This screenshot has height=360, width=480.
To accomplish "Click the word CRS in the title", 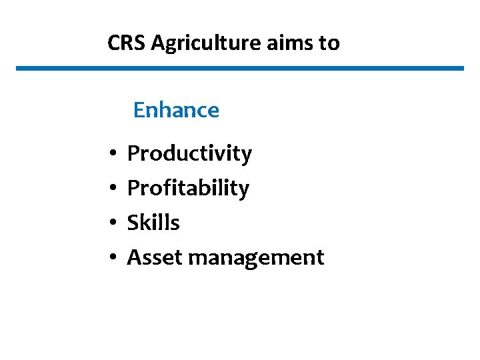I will tap(127, 43).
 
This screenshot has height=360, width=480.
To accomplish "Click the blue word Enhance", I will tap(176, 110).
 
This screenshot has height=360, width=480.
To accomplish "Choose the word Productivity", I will tap(189, 154).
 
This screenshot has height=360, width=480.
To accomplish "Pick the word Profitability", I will tap(188, 189).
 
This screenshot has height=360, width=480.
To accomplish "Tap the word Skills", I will tap(153, 223).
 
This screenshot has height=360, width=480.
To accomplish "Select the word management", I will tap(256, 258).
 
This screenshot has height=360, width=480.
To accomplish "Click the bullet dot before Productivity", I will tap(115, 155).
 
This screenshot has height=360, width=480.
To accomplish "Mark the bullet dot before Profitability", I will tap(115, 189).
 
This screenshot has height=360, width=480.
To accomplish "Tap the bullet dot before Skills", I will tap(115, 223).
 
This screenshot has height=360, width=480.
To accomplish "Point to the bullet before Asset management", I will tap(115, 258).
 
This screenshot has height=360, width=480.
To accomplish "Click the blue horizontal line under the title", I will tap(240, 68).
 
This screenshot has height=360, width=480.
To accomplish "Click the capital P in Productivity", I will tap(133, 153).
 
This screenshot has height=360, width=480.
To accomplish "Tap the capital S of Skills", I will tap(133, 223).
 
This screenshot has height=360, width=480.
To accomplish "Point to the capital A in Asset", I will tap(133, 257).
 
